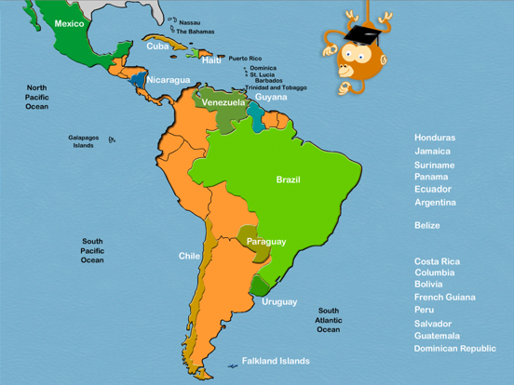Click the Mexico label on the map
pos(69,23)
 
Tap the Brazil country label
pos(288,179)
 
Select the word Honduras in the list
pos(435,138)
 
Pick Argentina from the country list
pos(435,202)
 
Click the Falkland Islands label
pos(276,361)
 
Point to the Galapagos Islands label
pos(83,141)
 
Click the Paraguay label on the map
pos(266,242)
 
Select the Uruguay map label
pos(279,301)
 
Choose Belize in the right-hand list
pos(427,225)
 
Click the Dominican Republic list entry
pos(455,349)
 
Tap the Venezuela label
pos(223,102)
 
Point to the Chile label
pos(190,256)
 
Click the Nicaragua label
pos(169,80)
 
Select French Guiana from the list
pos(444,298)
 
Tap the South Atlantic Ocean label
pos(328,320)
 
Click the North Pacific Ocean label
pos(37,97)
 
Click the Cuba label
pos(157,46)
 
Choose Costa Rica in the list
pos(437,261)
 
